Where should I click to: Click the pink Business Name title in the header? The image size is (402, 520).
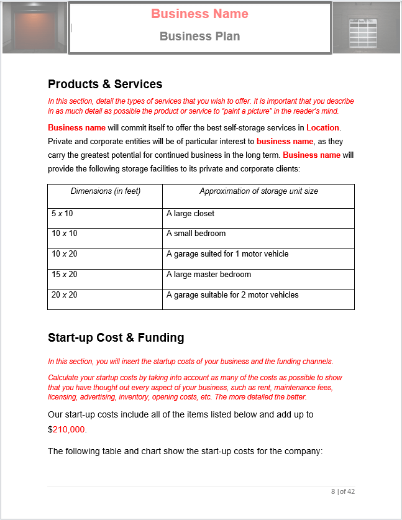[199, 14]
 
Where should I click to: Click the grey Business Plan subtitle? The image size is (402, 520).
[199, 36]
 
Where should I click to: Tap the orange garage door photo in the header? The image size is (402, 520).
[34, 27]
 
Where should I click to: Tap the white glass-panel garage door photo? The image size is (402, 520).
[367, 28]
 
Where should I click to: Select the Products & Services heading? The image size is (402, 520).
[105, 84]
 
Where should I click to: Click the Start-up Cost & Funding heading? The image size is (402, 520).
[116, 338]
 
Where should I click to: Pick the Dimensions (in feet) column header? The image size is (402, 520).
[105, 191]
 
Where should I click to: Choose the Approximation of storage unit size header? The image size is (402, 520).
[258, 191]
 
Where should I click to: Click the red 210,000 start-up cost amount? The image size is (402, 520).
[68, 429]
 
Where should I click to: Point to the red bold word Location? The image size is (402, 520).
[323, 128]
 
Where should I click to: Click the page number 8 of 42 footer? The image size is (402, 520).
[342, 491]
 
